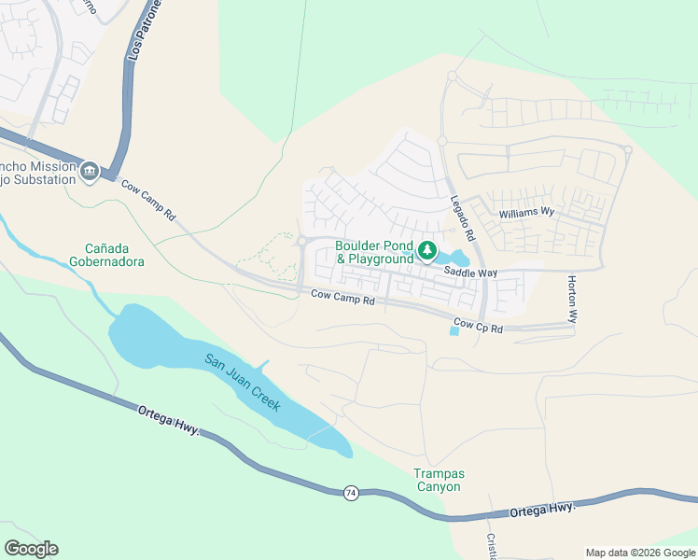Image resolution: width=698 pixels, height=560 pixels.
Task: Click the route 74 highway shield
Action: pos(350,493)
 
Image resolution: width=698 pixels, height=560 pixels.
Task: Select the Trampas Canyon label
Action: pos(438,480)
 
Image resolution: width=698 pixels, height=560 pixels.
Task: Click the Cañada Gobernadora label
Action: pos(115,255)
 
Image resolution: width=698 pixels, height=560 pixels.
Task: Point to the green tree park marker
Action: pos(427,250)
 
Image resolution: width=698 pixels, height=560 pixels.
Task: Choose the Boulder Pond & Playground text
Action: pos(374,252)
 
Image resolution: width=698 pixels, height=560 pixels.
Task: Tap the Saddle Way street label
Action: pos(470,273)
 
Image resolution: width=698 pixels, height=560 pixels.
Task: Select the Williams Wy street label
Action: pos(526,213)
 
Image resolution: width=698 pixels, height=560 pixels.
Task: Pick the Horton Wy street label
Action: pos(573,299)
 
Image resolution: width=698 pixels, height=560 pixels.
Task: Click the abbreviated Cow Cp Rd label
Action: pos(478,328)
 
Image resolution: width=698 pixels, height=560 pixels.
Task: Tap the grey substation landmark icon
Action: pos(90,170)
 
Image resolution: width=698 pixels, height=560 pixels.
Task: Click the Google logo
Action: pos(31,549)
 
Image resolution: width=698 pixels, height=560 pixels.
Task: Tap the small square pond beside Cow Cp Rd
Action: pos(454,331)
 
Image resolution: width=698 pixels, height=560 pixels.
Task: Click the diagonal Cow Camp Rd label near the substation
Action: pos(147,200)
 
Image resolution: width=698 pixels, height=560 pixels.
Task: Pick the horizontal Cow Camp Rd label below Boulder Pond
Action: pos(342,301)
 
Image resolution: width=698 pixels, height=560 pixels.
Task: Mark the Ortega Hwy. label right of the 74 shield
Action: pos(542,510)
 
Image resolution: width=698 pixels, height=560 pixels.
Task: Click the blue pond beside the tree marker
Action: pos(457,258)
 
